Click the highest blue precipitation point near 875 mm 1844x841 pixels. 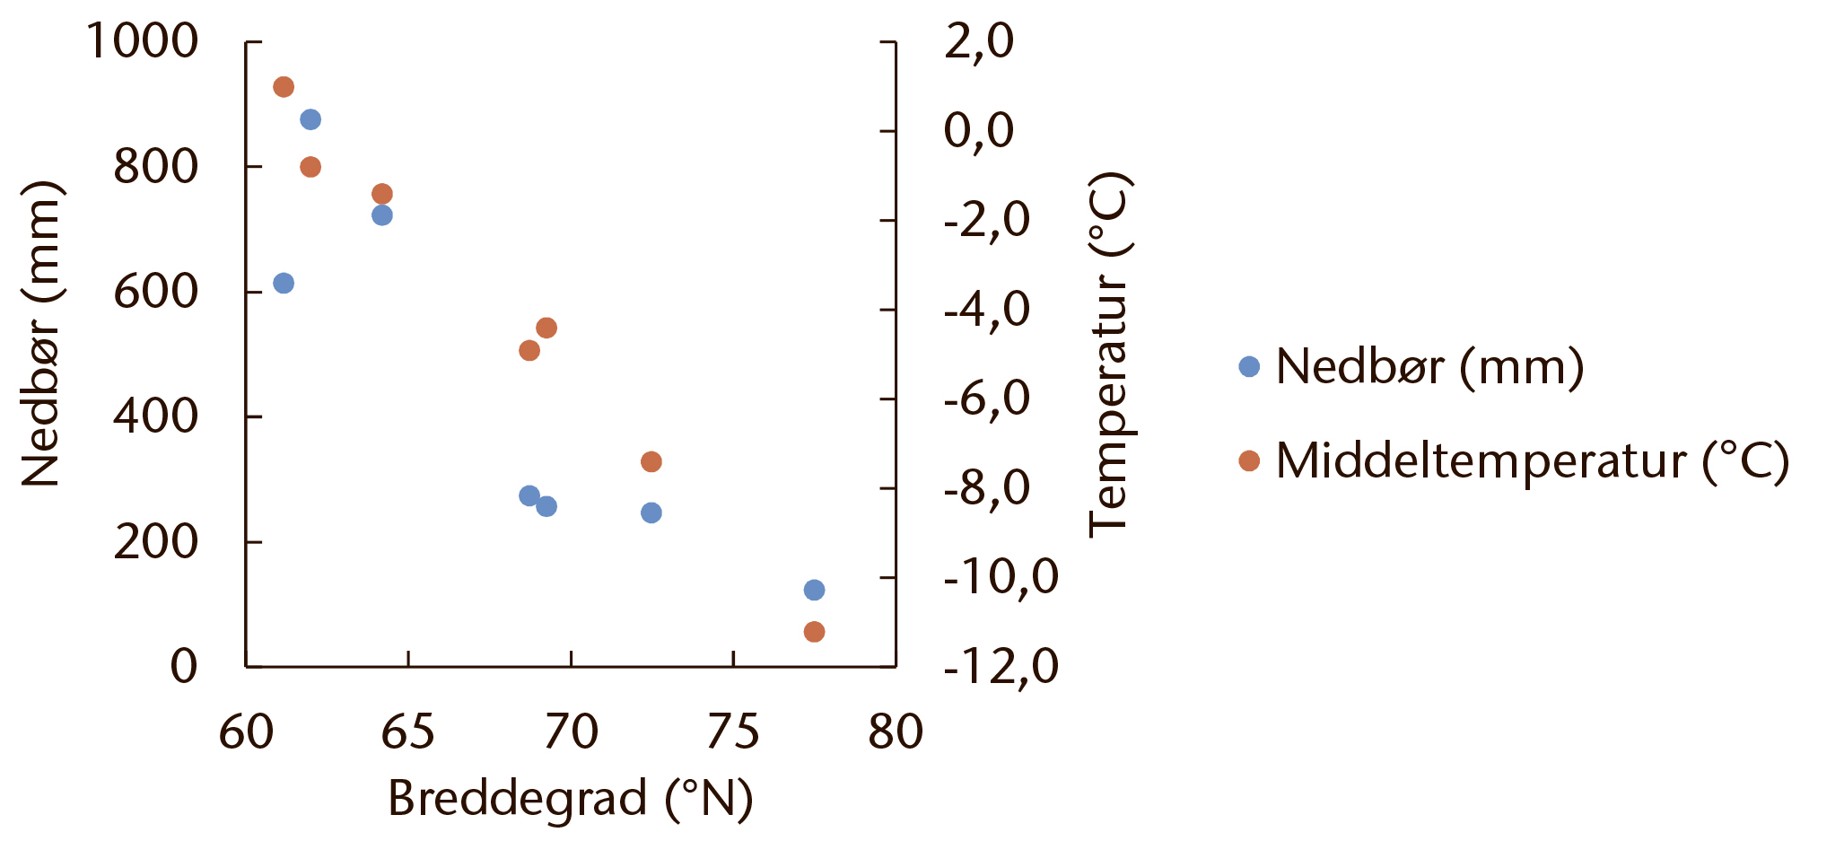point(310,119)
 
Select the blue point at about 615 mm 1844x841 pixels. point(284,284)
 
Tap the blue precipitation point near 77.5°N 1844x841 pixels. point(814,590)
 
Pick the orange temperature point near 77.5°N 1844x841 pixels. point(814,632)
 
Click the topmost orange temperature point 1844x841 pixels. point(284,87)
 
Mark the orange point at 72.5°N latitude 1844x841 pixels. point(651,461)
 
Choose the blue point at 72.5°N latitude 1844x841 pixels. point(651,512)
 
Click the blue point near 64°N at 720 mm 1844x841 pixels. point(382,215)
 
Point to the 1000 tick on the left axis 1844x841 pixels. point(142,41)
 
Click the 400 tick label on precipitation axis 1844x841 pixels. point(155,416)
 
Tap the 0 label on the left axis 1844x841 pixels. point(184,666)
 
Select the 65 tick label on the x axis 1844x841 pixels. point(408,731)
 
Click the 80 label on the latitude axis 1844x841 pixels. point(895,731)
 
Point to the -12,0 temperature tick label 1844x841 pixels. point(1001,666)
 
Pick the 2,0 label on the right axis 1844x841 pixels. point(978,41)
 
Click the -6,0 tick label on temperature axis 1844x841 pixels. point(986,398)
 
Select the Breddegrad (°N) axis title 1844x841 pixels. point(570,798)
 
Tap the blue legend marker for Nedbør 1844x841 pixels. point(1249,366)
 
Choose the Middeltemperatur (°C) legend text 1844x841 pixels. point(1532,460)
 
